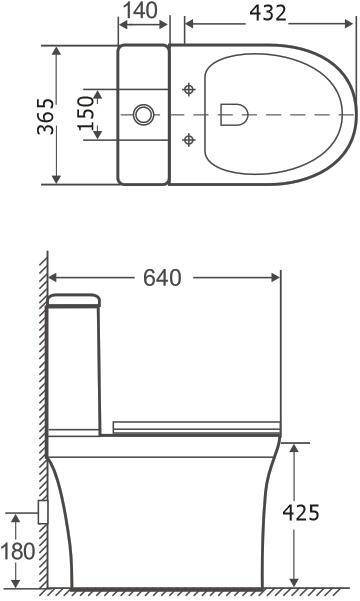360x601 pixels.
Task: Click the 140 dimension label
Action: pyautogui.click(x=140, y=10)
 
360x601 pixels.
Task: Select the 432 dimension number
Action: pyautogui.click(x=268, y=13)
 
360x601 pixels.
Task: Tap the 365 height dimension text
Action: pyautogui.click(x=46, y=116)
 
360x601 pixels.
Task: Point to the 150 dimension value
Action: pyautogui.click(x=85, y=113)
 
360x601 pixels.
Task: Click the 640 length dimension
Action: pyautogui.click(x=162, y=278)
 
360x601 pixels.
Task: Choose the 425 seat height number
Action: pyautogui.click(x=301, y=512)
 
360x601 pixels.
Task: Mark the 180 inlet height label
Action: pyautogui.click(x=18, y=551)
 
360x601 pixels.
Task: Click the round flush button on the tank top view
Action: pyautogui.click(x=144, y=114)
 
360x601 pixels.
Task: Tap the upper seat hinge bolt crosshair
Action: pyautogui.click(x=188, y=89)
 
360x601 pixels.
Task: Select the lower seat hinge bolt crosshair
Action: pyautogui.click(x=188, y=140)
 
